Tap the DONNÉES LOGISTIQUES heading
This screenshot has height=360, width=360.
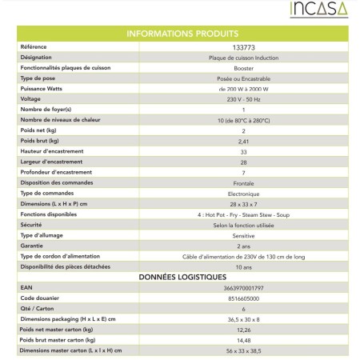[181, 275]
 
